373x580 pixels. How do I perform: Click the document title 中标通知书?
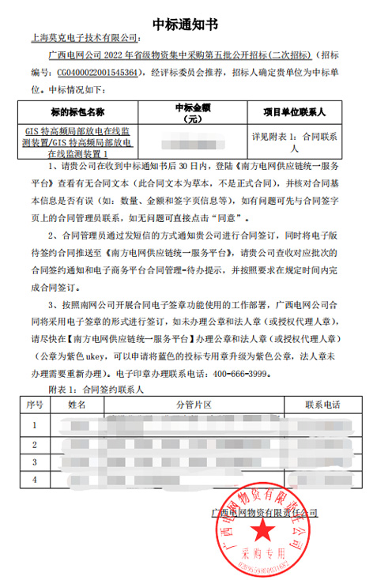click(186, 13)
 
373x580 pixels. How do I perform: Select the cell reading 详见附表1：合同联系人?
click(295, 142)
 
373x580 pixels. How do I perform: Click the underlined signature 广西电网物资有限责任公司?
click(266, 513)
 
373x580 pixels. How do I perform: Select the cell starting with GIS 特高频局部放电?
click(78, 142)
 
